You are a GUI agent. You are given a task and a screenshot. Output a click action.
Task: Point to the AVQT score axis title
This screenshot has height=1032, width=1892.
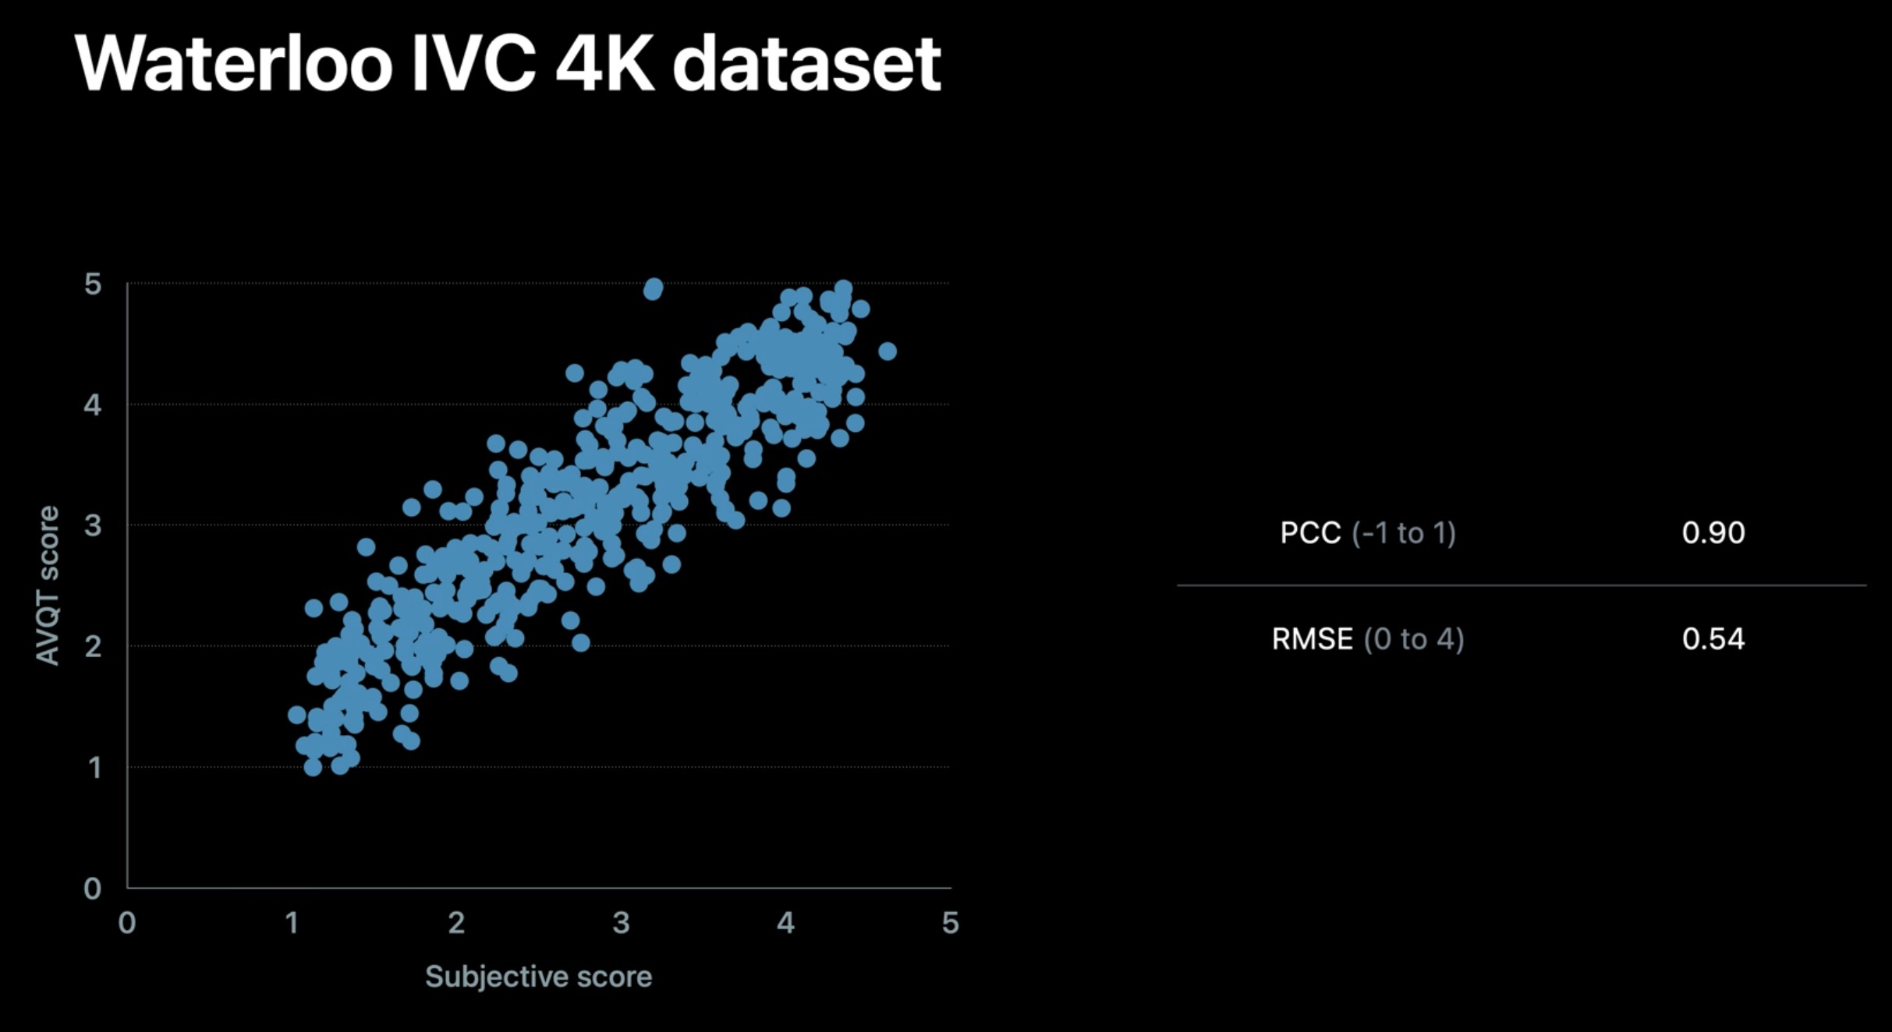pos(48,585)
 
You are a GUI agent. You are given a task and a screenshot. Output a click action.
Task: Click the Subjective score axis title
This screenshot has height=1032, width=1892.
pos(538,977)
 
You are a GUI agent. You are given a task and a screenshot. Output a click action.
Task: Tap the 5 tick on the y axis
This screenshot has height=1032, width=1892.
pos(93,285)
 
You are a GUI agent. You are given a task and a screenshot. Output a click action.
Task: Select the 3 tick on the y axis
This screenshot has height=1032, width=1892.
pos(93,525)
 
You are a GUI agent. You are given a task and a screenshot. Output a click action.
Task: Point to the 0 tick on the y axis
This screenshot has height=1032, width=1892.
pos(93,889)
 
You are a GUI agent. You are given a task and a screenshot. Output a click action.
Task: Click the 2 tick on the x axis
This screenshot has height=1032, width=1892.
pos(456,924)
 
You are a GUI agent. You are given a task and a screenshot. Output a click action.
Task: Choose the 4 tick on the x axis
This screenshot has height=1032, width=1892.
pos(785,924)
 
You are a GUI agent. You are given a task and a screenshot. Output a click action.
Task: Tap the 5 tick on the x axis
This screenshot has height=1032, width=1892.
pos(950,924)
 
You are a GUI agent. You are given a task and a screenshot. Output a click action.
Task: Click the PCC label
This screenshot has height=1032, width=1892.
pos(1310,533)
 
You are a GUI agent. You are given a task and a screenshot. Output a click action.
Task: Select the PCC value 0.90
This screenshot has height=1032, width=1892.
pos(1713,533)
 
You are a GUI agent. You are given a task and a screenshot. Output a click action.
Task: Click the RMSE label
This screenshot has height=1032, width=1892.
pos(1312,639)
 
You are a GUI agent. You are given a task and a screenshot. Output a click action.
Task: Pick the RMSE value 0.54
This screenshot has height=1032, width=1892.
pos(1713,639)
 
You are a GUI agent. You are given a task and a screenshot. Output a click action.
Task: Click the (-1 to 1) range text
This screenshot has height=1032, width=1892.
pos(1404,533)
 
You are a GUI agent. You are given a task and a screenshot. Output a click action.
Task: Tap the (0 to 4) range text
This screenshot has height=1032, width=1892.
pos(1413,639)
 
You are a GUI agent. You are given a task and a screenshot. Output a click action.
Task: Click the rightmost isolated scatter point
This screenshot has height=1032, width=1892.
pos(887,352)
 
